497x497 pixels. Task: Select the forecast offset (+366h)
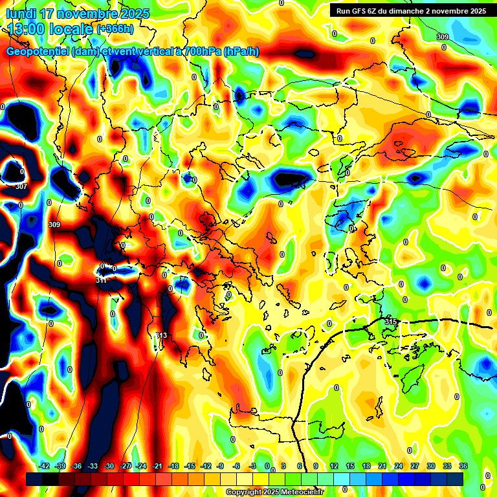[116, 29]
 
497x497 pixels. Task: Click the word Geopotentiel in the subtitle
[38, 52]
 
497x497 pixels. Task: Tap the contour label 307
[21, 186]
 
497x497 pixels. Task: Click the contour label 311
[101, 280]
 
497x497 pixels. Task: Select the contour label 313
[161, 335]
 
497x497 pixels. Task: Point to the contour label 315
[390, 322]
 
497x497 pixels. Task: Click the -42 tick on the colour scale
[45, 466]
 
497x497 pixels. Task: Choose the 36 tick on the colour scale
[463, 466]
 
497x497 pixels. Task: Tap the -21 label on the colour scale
[157, 466]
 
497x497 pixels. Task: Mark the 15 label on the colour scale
[349, 466]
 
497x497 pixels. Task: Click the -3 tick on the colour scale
[253, 466]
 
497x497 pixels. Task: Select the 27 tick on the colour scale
[414, 466]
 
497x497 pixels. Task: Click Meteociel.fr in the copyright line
[302, 492]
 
